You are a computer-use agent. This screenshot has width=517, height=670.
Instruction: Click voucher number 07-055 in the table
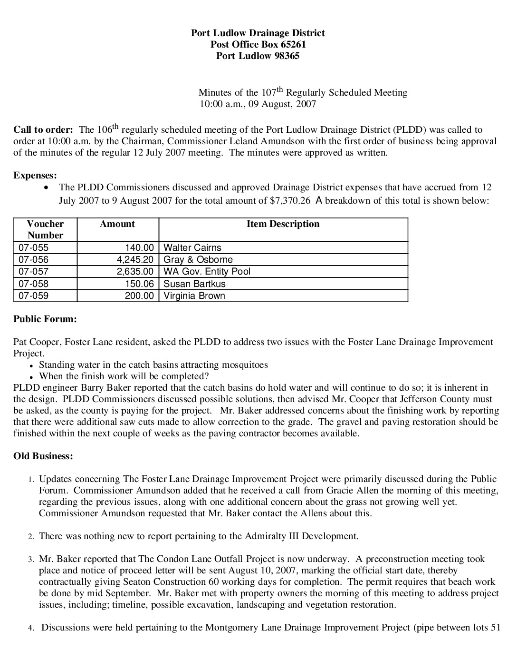(x=33, y=247)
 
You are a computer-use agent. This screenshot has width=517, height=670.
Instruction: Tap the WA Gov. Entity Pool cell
(x=207, y=271)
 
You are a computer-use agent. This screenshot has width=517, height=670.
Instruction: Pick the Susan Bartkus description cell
(x=194, y=284)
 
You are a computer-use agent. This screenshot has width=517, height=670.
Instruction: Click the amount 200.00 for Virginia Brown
(x=140, y=296)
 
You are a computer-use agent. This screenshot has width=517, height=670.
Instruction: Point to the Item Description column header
(x=283, y=224)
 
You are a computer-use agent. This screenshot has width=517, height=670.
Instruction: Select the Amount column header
(x=117, y=224)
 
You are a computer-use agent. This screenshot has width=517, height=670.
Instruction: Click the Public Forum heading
(x=45, y=319)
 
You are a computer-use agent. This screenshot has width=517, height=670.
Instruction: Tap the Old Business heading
(x=43, y=456)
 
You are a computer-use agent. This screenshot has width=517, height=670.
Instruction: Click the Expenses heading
(x=35, y=175)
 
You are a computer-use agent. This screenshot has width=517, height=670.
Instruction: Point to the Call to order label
(x=43, y=129)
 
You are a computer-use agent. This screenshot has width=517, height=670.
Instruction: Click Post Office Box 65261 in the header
(x=258, y=44)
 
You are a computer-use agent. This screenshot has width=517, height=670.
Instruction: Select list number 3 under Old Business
(x=30, y=559)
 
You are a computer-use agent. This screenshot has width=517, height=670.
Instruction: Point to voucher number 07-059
(x=33, y=296)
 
